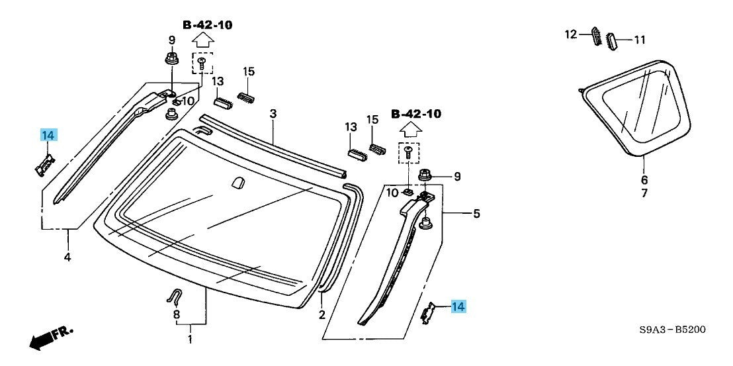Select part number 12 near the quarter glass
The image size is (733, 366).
[x=571, y=33]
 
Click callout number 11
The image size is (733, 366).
[x=639, y=40]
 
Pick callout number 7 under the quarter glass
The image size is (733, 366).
[x=644, y=193]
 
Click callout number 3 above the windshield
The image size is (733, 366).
[x=273, y=114]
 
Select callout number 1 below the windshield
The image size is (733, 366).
[x=190, y=340]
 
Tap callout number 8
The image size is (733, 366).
[x=176, y=314]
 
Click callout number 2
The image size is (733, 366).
[x=322, y=314]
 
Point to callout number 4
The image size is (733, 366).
[x=67, y=256]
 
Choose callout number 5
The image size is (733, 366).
[x=476, y=214]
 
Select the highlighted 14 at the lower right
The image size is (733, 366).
[x=458, y=306]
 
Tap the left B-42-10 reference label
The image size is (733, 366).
[x=208, y=25]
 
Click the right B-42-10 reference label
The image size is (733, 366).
[x=415, y=114]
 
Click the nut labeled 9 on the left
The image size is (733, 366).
[x=171, y=59]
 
